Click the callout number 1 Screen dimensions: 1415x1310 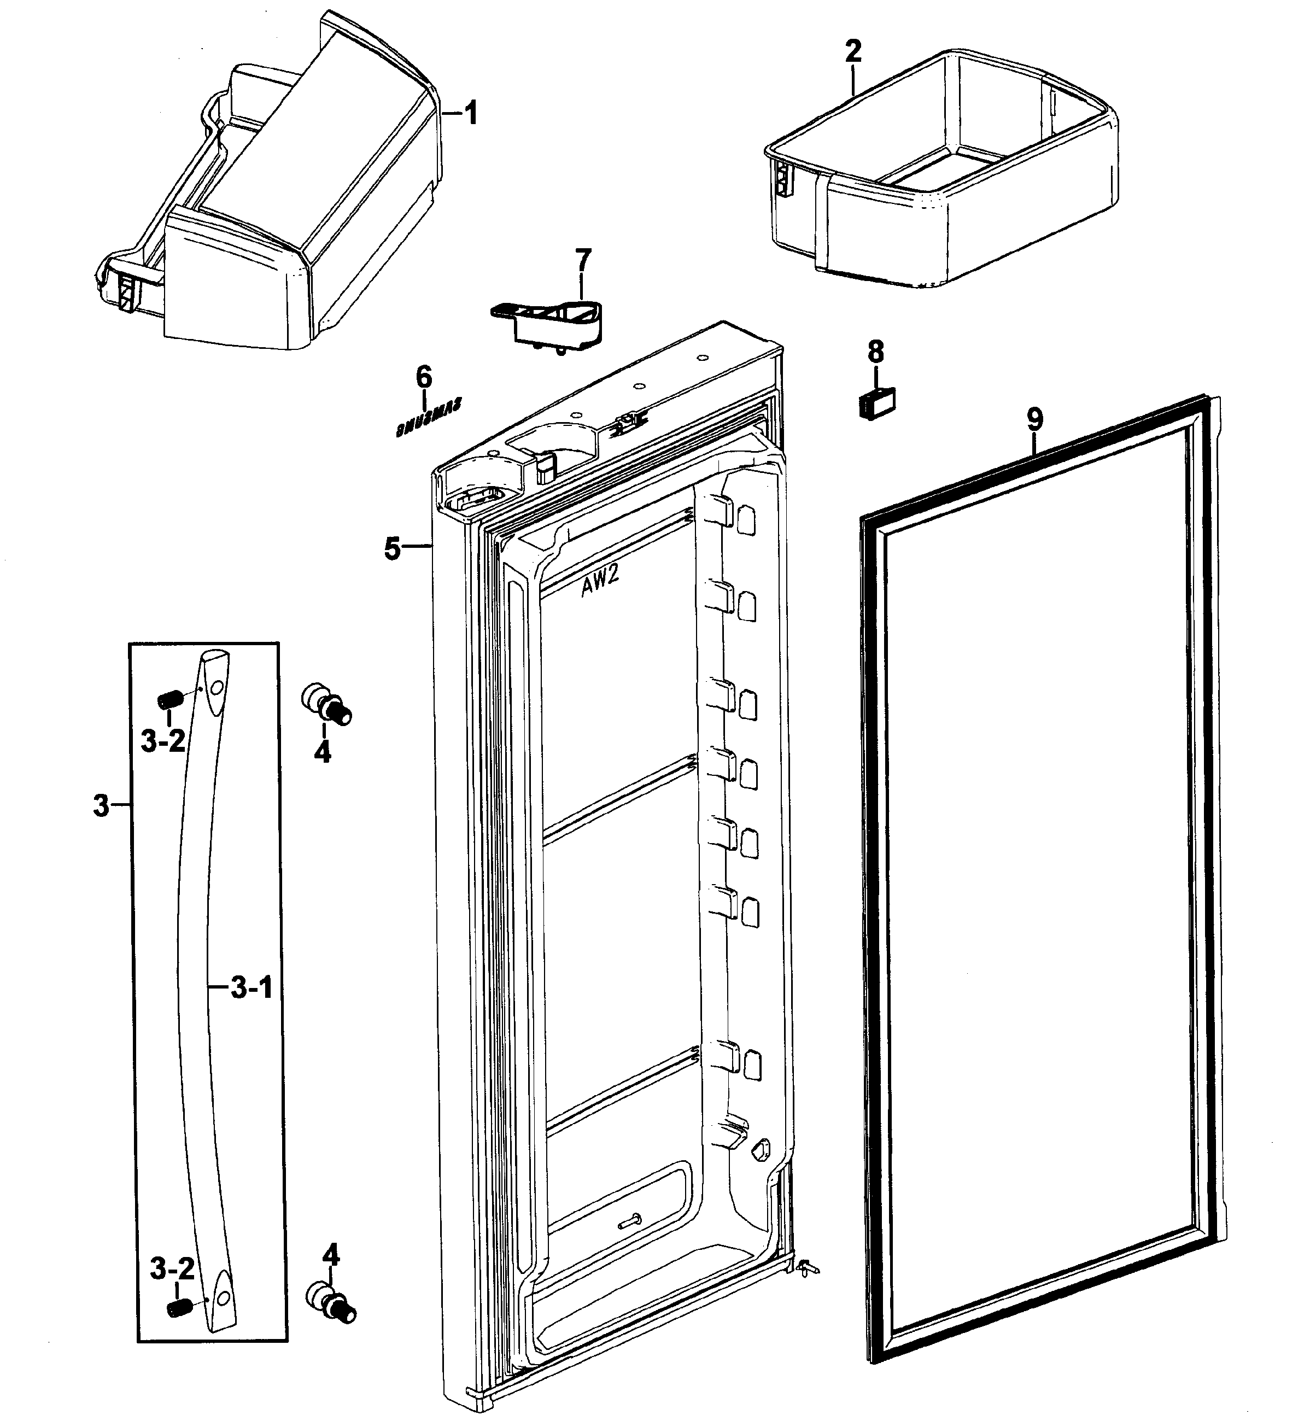click(471, 113)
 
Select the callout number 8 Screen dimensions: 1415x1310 click(876, 351)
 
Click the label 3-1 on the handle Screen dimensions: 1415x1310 click(252, 988)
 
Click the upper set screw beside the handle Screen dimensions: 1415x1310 click(169, 700)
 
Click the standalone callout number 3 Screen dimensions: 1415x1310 click(101, 806)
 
